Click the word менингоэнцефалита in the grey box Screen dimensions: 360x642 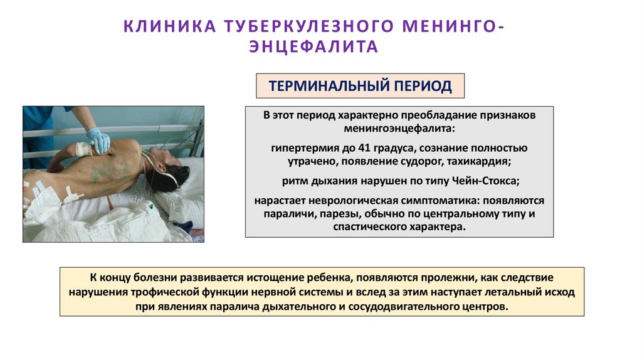(399, 128)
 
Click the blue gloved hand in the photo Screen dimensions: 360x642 (98, 139)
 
